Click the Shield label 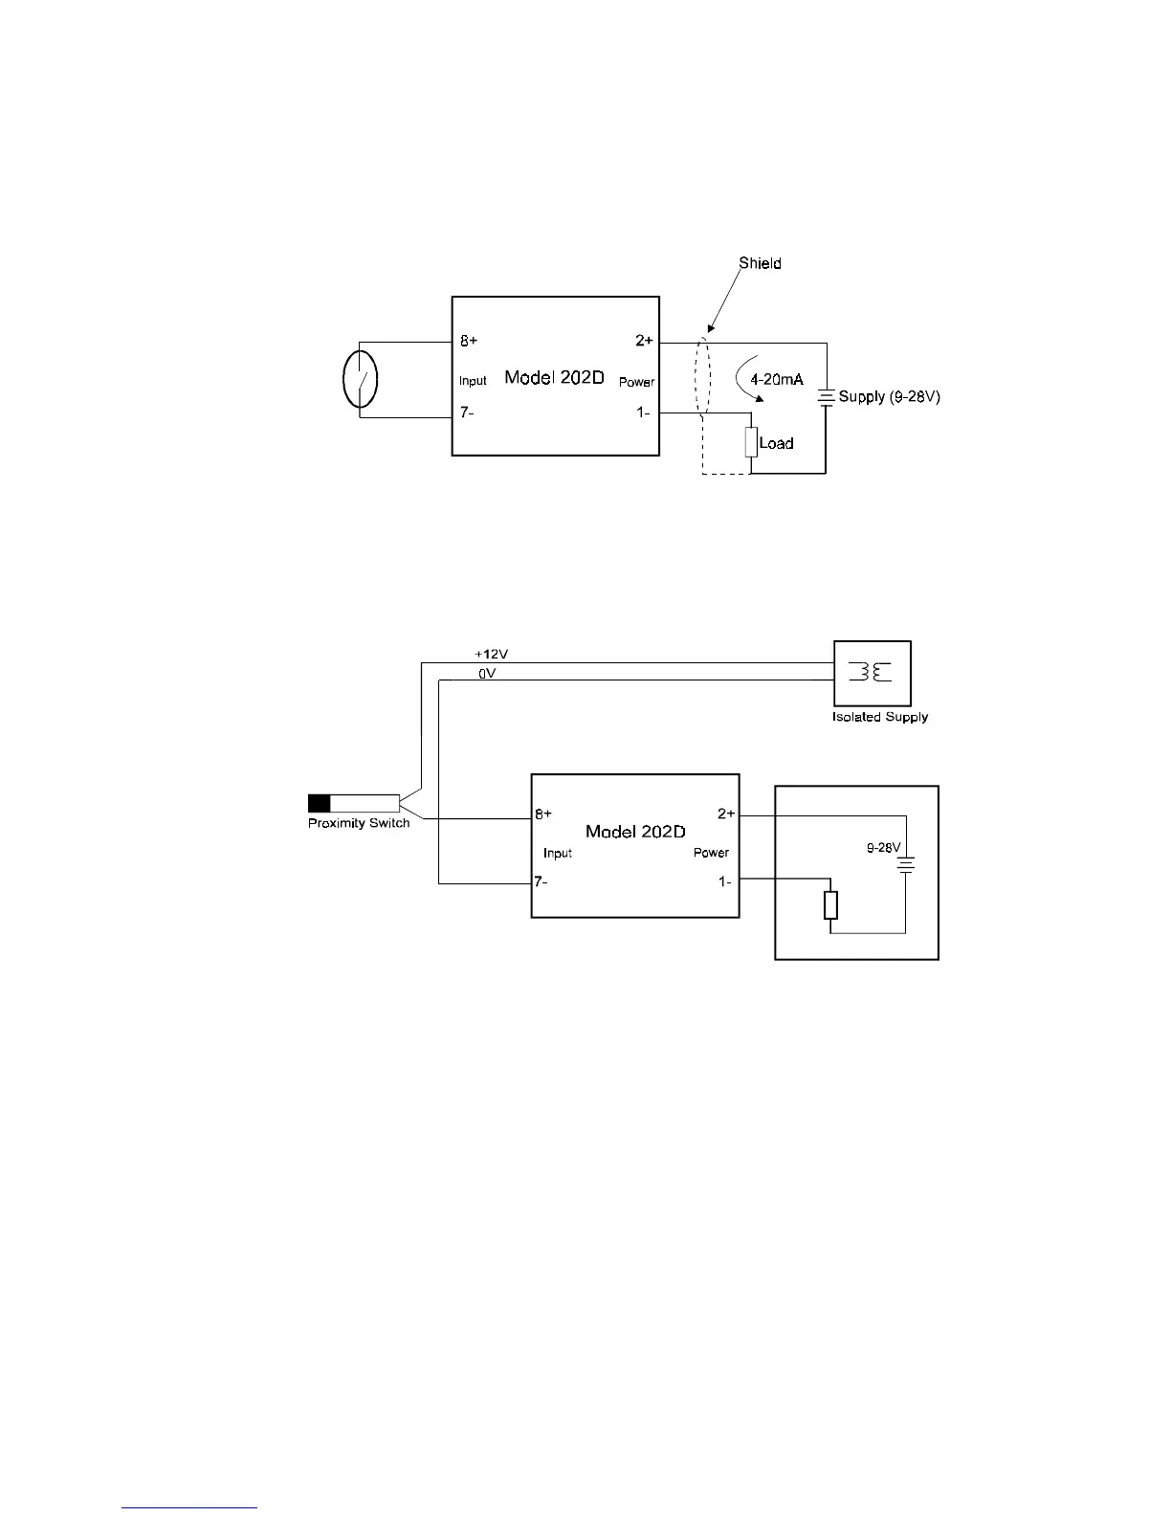point(760,263)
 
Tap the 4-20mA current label point(776,379)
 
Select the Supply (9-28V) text point(890,396)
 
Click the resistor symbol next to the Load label point(751,443)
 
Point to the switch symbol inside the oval point(360,379)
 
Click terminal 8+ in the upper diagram point(469,342)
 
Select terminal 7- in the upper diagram point(467,413)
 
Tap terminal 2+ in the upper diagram point(644,342)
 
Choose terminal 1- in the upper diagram point(645,413)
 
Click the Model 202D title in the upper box point(554,377)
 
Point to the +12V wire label point(490,654)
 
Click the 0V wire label point(486,674)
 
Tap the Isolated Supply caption point(879,717)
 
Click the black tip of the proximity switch point(319,803)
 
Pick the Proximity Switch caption point(359,823)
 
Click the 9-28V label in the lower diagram point(884,848)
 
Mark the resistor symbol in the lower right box point(830,904)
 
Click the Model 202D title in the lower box point(634,831)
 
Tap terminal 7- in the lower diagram point(541,881)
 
